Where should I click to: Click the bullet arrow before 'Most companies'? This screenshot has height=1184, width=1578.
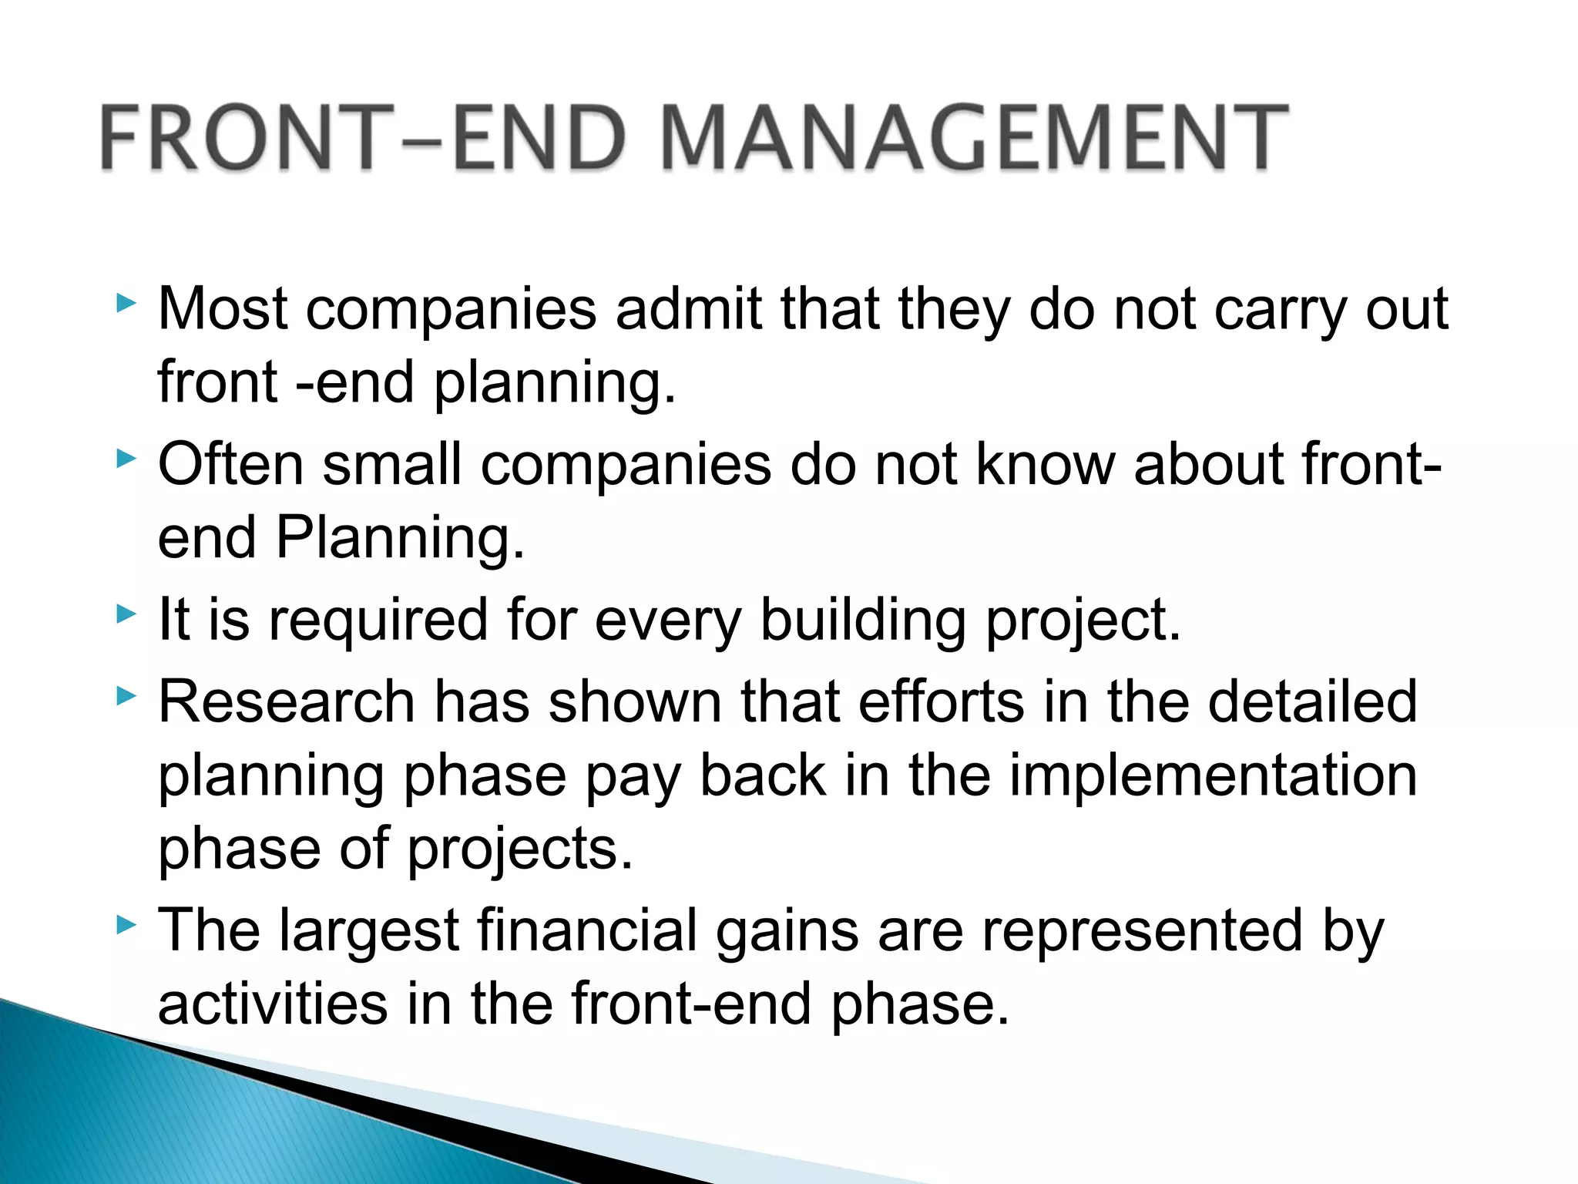point(126,303)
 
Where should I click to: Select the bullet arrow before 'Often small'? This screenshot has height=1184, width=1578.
point(126,459)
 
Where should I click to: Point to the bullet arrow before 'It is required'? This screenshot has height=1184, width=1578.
point(126,614)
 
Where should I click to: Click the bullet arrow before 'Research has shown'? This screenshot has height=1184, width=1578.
point(126,696)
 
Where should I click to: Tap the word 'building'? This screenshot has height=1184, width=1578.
point(863,621)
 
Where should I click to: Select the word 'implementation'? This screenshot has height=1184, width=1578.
point(1213,776)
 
